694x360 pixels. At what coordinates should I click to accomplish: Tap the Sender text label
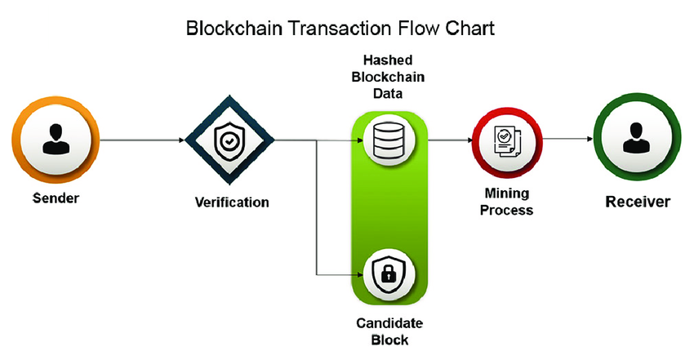pos(56,198)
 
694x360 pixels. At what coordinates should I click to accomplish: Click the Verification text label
pos(232,201)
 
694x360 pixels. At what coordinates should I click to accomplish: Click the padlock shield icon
pos(389,273)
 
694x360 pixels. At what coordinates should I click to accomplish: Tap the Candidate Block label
pos(389,331)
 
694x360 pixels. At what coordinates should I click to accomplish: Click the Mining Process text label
pos(506,202)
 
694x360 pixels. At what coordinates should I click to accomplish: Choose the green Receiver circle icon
pos(637,140)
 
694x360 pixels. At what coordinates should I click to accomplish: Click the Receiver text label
pos(637,202)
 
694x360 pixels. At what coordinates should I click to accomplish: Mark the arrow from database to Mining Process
pos(449,140)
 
